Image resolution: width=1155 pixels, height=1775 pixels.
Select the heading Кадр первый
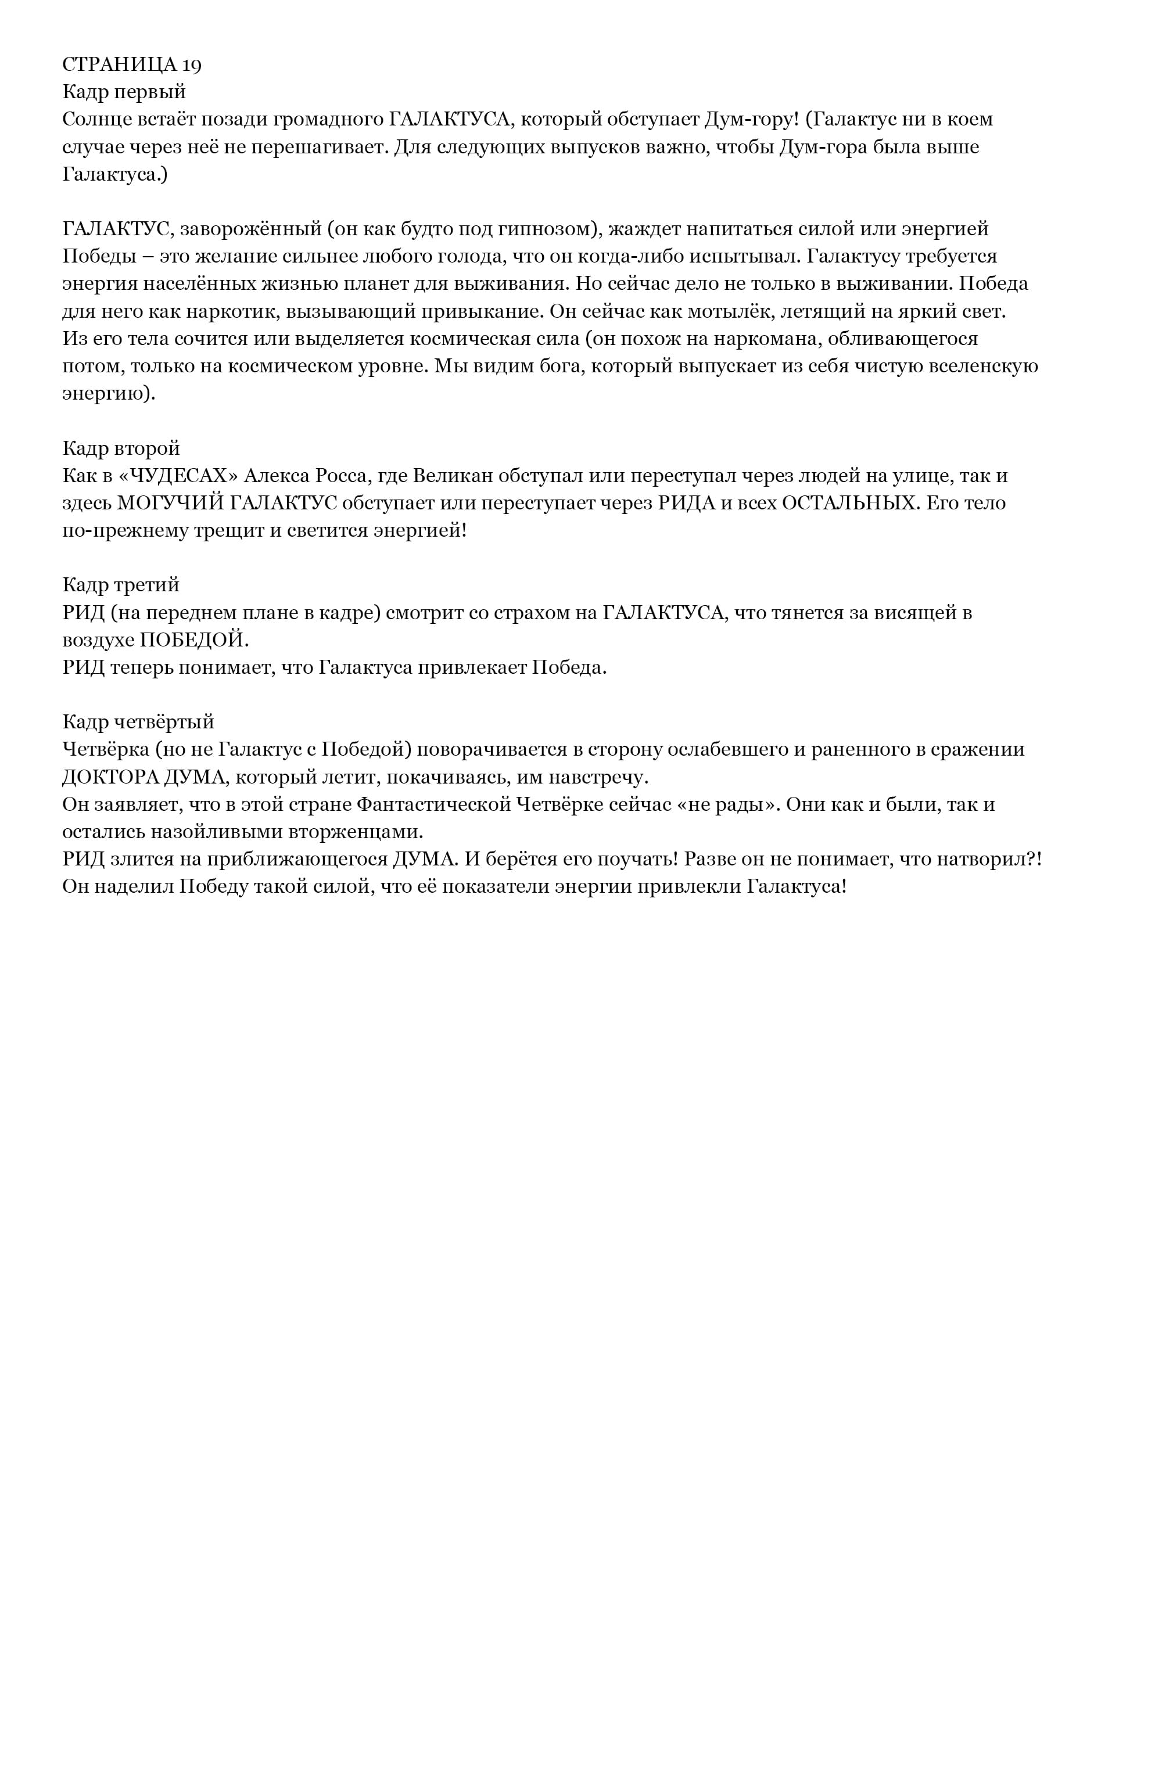click(x=124, y=92)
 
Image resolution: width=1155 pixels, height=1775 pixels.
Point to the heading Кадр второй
click(x=121, y=448)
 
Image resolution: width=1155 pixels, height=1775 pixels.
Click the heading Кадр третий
click(x=121, y=585)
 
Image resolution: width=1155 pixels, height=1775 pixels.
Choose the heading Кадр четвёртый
click(x=138, y=722)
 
